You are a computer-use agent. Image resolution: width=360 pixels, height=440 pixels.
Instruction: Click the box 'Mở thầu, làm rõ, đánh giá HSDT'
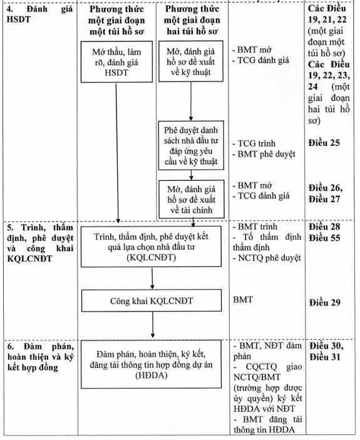coord(116,62)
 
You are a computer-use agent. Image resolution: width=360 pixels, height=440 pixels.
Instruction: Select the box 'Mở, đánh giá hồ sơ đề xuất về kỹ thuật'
coord(191,61)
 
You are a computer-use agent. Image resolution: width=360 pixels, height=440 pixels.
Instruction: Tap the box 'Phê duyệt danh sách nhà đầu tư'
coord(191,145)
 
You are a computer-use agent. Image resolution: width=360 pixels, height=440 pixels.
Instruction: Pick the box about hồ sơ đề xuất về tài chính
coord(192,199)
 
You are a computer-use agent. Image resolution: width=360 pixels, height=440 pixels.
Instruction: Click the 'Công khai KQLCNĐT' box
coord(152,301)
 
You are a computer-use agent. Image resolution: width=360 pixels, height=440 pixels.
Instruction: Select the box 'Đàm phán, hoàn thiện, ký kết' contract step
coord(152,364)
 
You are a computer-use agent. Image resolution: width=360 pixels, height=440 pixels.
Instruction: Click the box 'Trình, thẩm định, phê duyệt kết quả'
coord(151,247)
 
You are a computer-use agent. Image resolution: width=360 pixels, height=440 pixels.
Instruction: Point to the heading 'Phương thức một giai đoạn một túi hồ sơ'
coord(116,20)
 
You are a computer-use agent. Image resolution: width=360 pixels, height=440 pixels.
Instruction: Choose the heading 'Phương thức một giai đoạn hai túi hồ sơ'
coord(192,20)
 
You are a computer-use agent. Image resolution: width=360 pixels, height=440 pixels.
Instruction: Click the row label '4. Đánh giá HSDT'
coord(39,14)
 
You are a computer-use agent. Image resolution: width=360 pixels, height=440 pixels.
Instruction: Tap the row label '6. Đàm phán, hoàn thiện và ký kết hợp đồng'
coord(41,357)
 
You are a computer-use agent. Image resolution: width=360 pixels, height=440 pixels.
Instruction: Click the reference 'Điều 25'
coord(324,143)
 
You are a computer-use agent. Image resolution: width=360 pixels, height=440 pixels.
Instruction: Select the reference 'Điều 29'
coord(325,302)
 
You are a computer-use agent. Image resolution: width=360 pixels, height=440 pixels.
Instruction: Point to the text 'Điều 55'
coord(325,238)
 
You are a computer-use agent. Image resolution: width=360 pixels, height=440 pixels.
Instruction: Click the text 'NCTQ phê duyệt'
coord(267,258)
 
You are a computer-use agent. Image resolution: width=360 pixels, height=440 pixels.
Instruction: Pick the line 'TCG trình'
coord(254,144)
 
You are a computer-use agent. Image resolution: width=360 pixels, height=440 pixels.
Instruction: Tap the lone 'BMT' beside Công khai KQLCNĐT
coord(243,300)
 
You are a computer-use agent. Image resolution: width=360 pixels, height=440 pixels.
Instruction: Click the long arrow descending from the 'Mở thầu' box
coord(117,153)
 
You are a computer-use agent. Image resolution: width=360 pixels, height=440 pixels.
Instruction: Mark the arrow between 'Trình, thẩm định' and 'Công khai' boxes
coord(152,278)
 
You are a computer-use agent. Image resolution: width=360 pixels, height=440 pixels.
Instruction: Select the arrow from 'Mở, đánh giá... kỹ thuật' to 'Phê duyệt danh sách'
coord(191,101)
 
